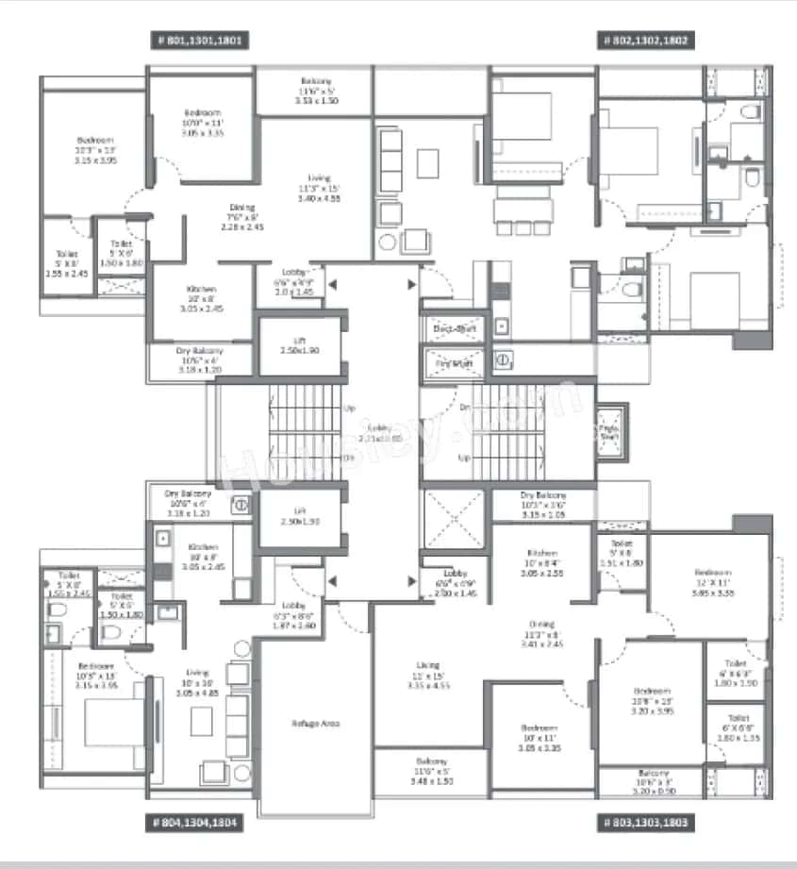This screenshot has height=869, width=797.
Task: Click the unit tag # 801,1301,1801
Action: (200, 41)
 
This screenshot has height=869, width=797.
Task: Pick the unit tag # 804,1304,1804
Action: (196, 823)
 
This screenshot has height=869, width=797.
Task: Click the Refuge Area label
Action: (315, 723)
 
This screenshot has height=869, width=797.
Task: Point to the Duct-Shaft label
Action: (454, 328)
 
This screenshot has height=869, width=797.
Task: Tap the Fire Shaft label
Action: (454, 361)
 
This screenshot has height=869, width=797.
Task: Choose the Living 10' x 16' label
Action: (199, 685)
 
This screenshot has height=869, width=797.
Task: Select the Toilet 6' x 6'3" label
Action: (736, 673)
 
